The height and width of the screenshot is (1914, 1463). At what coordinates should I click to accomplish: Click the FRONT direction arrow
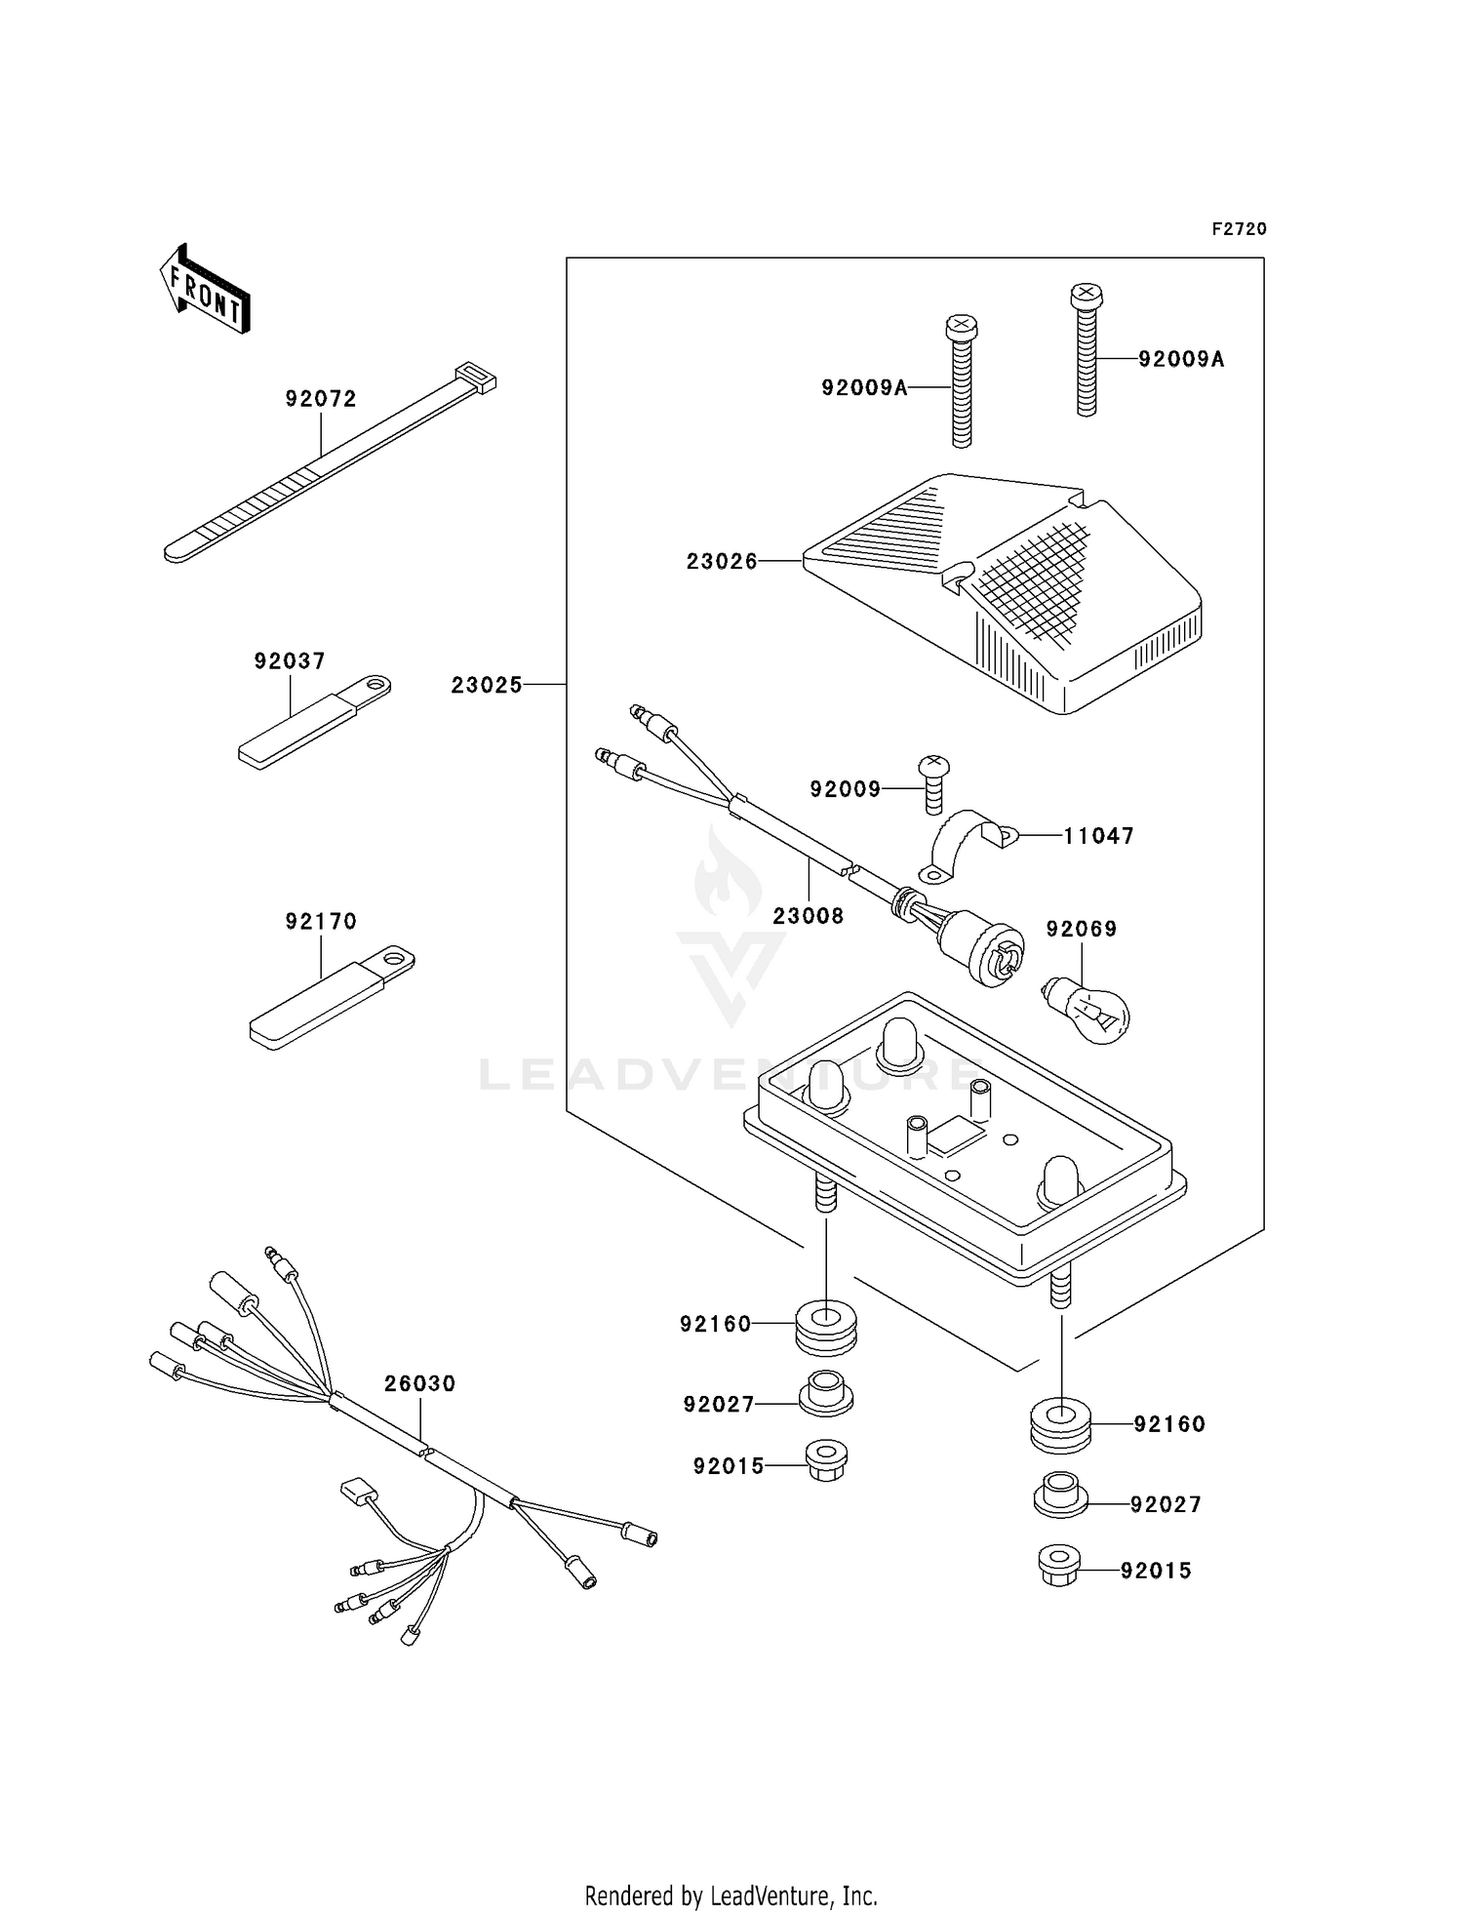pyautogui.click(x=206, y=291)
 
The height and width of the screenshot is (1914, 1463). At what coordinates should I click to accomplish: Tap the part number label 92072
pyautogui.click(x=321, y=398)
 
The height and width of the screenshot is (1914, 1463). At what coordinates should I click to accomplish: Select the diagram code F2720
pyautogui.click(x=1239, y=229)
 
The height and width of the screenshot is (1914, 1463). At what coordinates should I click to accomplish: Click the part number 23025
pyautogui.click(x=487, y=685)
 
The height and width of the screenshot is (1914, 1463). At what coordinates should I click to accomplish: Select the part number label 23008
pyautogui.click(x=808, y=915)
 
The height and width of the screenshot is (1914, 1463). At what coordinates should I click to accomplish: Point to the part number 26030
pyautogui.click(x=419, y=1383)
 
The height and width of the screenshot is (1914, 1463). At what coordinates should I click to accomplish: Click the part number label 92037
pyautogui.click(x=290, y=660)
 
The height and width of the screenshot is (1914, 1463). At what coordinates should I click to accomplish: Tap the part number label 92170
pyautogui.click(x=321, y=920)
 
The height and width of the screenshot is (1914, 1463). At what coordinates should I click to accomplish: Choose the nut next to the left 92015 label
pyautogui.click(x=826, y=1460)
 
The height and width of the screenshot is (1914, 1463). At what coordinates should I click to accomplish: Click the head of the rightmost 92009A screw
pyautogui.click(x=1086, y=292)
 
